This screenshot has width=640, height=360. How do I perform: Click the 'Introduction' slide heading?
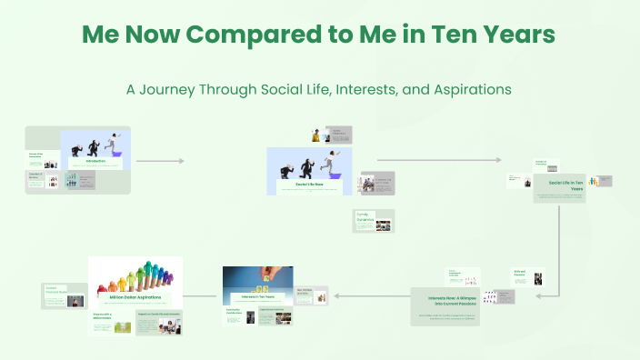coord(95,162)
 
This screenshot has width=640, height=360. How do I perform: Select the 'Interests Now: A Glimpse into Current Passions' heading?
coord(445,298)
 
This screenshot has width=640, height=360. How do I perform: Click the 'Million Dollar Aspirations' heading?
coord(135,296)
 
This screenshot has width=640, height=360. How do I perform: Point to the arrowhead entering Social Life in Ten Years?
coord(496,161)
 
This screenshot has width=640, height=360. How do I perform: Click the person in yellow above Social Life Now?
coord(316,135)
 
